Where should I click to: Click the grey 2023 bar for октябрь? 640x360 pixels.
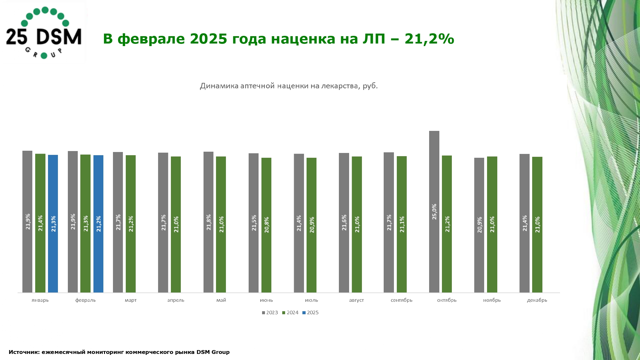(x=434, y=211)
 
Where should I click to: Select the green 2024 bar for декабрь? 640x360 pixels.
(x=537, y=224)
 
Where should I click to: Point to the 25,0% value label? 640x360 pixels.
(x=434, y=212)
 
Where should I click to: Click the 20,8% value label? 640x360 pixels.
(x=267, y=225)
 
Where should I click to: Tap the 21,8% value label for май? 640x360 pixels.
(x=209, y=222)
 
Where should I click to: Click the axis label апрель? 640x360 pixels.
(x=176, y=300)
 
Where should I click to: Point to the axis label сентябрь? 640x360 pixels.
(x=401, y=300)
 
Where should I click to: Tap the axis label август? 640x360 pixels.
(x=356, y=300)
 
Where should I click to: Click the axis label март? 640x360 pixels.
(x=131, y=300)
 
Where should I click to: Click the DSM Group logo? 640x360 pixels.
(x=44, y=33)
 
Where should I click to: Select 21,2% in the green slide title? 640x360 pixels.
(x=429, y=39)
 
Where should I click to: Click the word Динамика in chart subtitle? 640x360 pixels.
(x=219, y=86)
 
